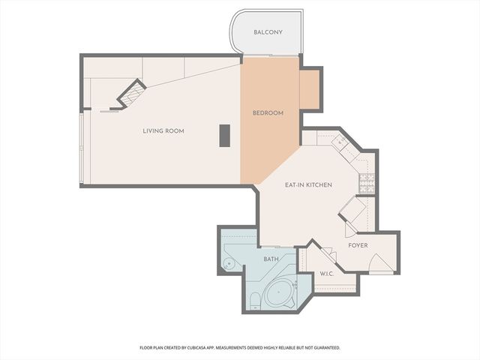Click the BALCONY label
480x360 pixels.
coord(268,32)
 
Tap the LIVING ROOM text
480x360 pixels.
coord(163,131)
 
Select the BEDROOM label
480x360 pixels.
coord(268,113)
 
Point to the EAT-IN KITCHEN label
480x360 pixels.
coord(308,184)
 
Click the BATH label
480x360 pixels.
coord(271,259)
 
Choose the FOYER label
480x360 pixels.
coord(358,245)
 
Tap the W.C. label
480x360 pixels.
coord(327,274)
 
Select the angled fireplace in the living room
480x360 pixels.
coord(130,94)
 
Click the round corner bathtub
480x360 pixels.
coord(282,293)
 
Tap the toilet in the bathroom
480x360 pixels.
coord(253,301)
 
